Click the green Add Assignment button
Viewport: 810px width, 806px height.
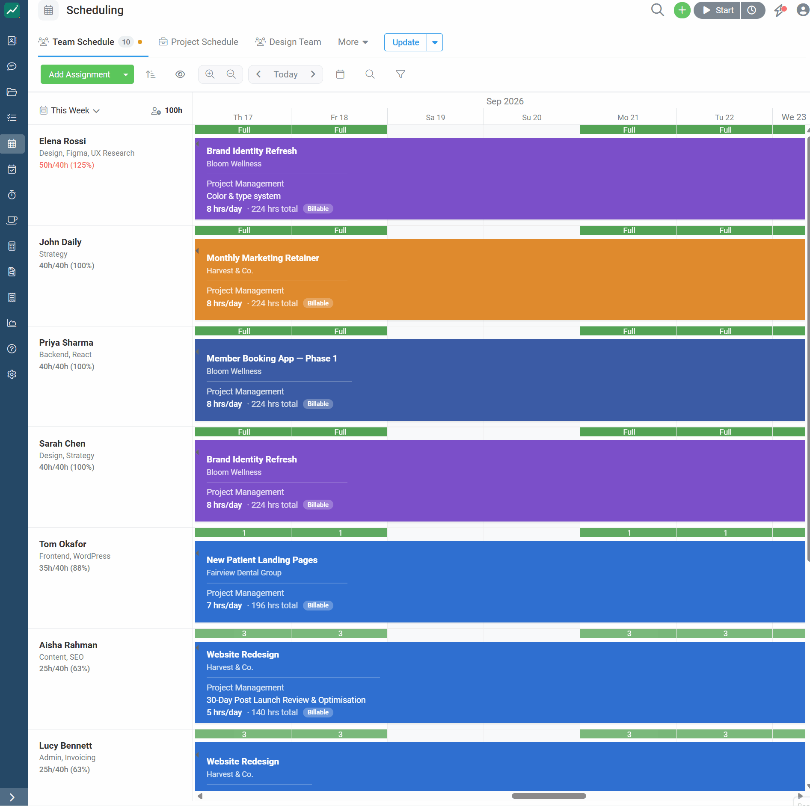(80, 74)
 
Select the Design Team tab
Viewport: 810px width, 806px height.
(288, 42)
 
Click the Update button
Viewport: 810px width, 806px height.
(406, 42)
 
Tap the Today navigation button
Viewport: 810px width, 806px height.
(285, 74)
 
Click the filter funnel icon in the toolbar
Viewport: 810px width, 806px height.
(401, 74)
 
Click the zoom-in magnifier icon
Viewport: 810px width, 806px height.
(210, 74)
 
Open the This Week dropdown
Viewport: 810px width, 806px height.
(70, 110)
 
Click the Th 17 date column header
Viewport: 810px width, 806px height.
(243, 117)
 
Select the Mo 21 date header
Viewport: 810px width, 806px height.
(628, 117)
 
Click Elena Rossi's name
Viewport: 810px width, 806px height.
(62, 141)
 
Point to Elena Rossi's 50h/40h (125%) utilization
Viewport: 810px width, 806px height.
(67, 165)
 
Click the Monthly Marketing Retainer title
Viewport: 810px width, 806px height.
(263, 258)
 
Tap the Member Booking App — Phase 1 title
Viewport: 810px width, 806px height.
(272, 359)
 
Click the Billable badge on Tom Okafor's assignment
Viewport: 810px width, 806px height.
(318, 605)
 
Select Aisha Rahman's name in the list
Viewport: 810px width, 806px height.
(68, 645)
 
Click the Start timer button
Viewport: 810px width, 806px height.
(718, 10)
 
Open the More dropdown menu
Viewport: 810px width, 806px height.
(353, 42)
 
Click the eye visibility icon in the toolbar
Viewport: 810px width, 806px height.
(180, 74)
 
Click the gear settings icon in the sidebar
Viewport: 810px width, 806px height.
(12, 374)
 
